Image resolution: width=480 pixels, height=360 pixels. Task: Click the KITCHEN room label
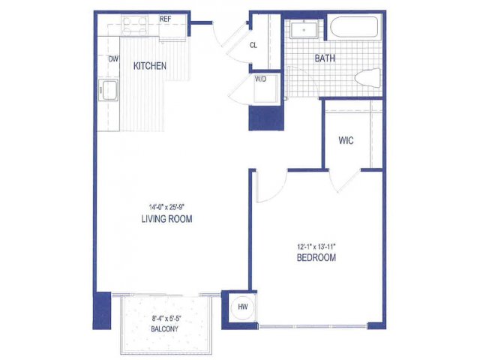[x=150, y=66]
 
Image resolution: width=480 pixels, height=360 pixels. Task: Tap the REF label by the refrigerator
[x=165, y=19]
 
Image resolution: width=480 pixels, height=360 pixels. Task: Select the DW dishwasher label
[x=113, y=59]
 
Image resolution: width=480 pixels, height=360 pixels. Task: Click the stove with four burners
[x=134, y=25]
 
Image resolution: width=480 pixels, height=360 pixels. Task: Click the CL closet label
[x=253, y=45]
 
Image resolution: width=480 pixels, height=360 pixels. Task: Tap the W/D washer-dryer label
[x=260, y=79]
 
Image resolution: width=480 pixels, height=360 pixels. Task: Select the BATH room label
[x=325, y=58]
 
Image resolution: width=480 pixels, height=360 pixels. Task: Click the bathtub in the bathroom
[x=354, y=27]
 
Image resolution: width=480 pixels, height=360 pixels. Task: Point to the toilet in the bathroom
[x=367, y=78]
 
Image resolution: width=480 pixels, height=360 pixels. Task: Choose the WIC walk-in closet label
[x=346, y=140]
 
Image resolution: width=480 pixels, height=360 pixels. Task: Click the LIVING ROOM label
[x=166, y=219]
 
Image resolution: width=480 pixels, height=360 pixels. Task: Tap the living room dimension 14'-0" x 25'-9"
[x=166, y=207]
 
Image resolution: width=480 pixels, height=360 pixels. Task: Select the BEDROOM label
[x=316, y=257]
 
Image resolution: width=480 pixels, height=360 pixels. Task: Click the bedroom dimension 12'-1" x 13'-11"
[x=316, y=246]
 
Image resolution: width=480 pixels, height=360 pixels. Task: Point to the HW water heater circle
[x=243, y=307]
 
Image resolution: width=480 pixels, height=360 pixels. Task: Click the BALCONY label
[x=165, y=329]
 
